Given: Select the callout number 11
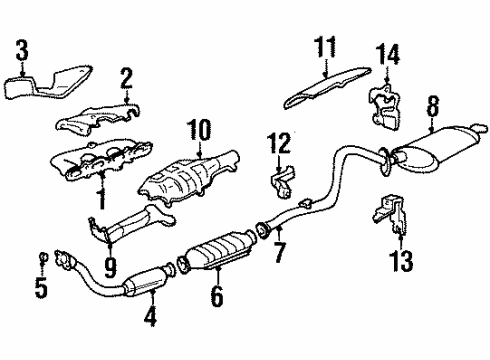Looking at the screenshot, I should pos(323,46).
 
